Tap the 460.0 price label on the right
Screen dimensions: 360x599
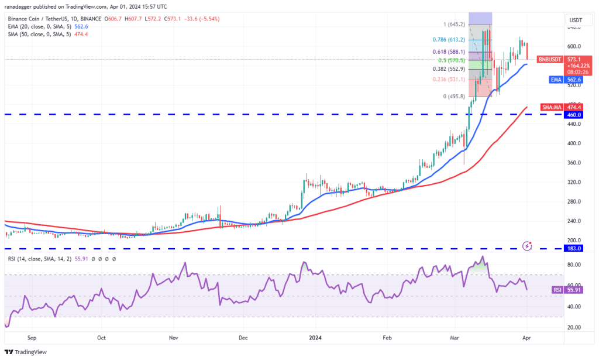(574, 115)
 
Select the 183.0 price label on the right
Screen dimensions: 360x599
(574, 249)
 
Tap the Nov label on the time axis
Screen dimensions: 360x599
(173, 338)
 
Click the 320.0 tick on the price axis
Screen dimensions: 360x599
(573, 182)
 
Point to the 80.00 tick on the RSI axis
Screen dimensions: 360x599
(573, 265)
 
